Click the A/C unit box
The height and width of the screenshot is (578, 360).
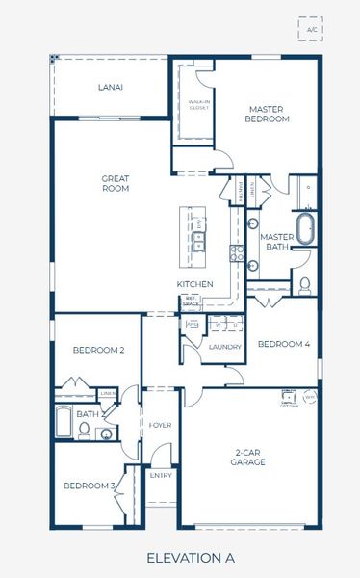311,30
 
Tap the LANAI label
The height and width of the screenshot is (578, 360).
111,87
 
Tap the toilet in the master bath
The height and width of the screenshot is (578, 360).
305,284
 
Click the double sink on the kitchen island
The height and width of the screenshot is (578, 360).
199,239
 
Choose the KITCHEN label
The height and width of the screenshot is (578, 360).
193,284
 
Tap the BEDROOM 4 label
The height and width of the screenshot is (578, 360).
284,344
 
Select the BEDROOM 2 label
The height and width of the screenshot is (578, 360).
99,350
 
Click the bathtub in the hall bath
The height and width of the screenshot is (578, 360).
64,423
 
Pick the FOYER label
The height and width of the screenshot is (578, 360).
160,424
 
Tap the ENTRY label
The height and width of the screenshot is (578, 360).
160,475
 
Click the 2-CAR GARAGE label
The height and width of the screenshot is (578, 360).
248,456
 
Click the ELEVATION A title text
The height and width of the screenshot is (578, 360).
190,557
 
